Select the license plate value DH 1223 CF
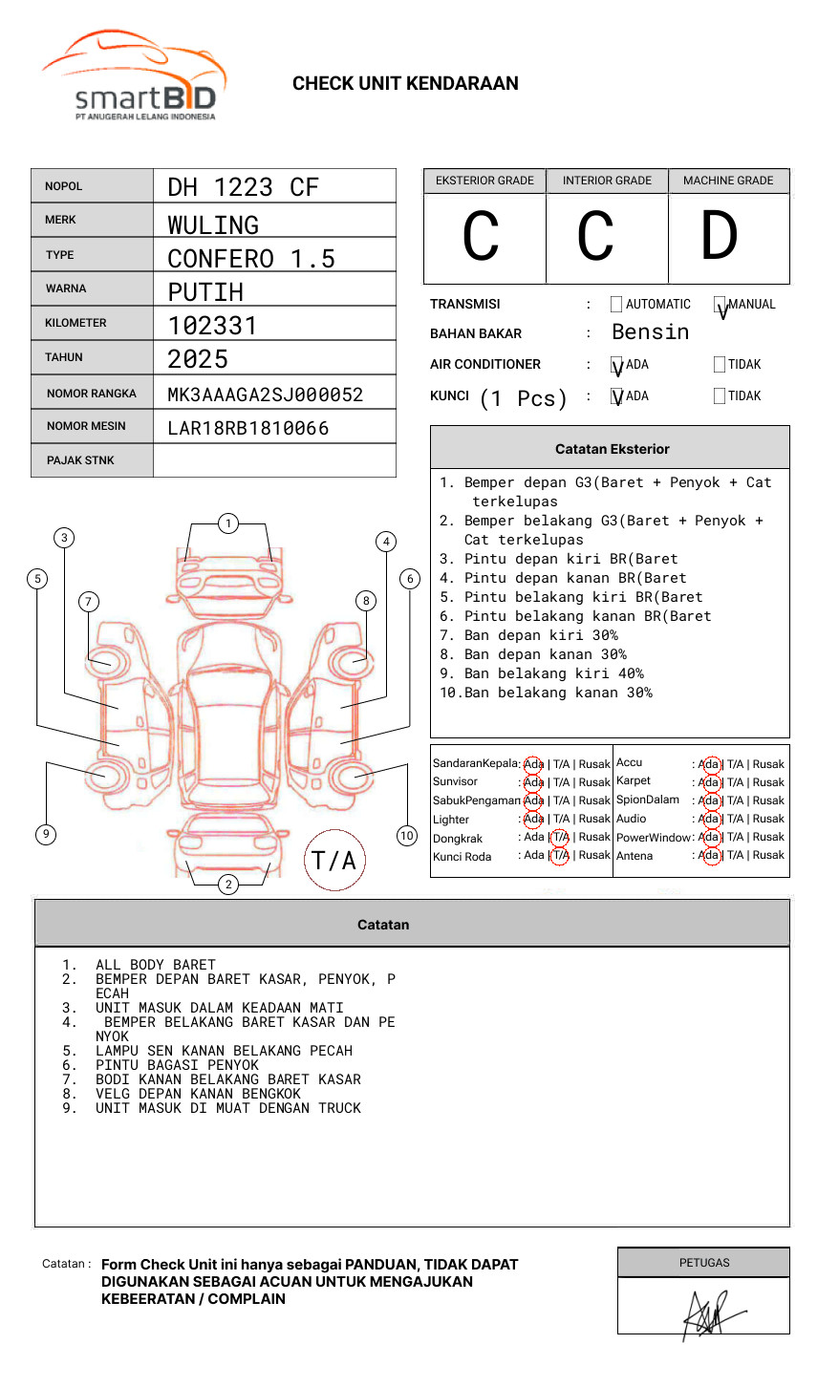[243, 187]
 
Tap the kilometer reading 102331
[212, 326]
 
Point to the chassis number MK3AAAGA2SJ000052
[266, 395]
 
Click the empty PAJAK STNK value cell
[274, 460]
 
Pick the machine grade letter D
[720, 235]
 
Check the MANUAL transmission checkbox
[720, 304]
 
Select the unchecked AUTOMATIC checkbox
[616, 304]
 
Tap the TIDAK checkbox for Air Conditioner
[720, 364]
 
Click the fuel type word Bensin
[651, 332]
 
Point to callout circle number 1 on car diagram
[228, 523]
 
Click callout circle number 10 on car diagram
[406, 836]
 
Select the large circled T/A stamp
[334, 860]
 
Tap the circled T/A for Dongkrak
[560, 837]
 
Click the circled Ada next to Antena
[711, 855]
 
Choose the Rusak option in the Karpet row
[768, 782]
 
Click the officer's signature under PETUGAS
[713, 1315]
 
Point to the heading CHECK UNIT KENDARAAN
[405, 84]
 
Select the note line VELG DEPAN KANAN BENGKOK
[198, 1094]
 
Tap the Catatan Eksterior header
[611, 448]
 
